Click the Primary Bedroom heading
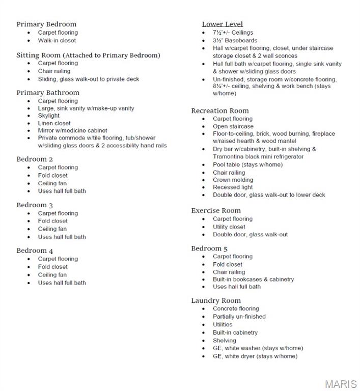46,24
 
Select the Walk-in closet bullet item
57,40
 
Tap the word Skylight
48,116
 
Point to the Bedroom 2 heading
35,159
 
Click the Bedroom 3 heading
35,205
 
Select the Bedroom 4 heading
35,250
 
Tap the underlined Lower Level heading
222,24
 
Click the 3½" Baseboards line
235,40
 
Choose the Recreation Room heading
220,110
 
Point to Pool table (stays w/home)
247,164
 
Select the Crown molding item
233,180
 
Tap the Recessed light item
233,187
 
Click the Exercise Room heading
216,210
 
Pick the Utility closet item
229,227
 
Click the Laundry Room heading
216,300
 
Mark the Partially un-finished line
239,316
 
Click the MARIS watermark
340,384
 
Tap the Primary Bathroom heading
48,93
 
